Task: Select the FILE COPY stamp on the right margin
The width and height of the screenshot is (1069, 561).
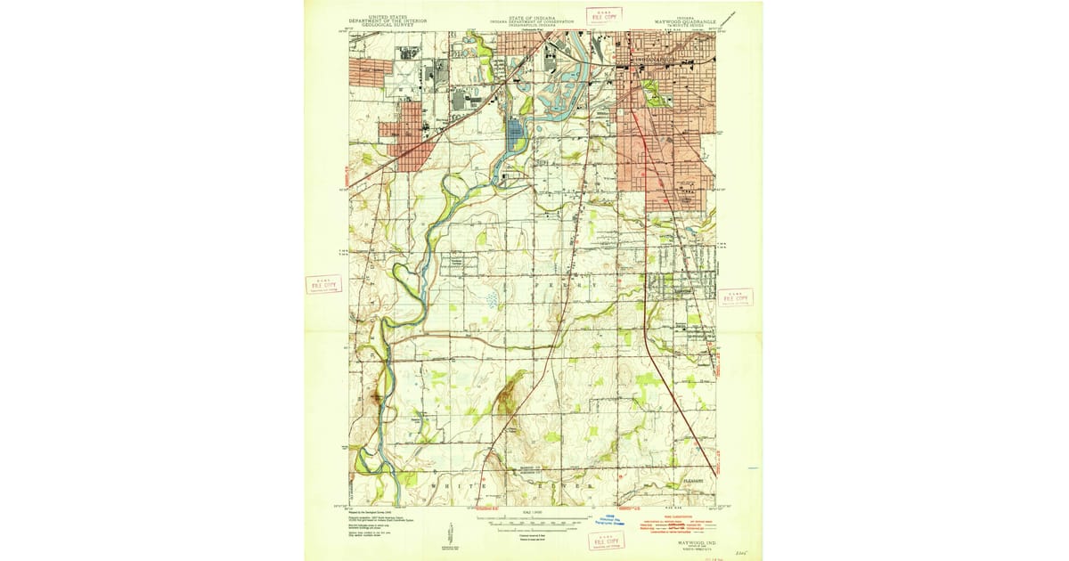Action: pyautogui.click(x=736, y=297)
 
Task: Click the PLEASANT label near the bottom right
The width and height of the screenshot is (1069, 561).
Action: pyautogui.click(x=694, y=482)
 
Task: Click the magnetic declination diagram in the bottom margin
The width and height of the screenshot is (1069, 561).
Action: pyautogui.click(x=447, y=538)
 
